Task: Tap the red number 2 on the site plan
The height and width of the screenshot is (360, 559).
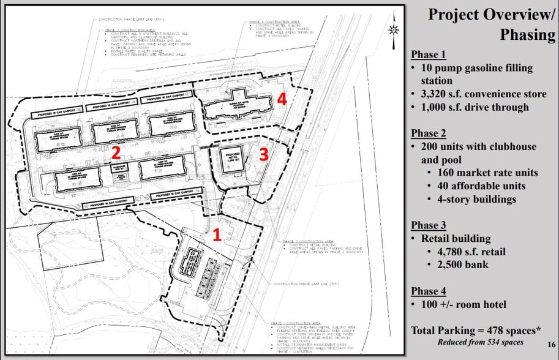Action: (x=115, y=151)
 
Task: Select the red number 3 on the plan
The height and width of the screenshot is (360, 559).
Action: (x=263, y=155)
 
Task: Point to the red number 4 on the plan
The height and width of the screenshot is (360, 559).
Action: (x=282, y=99)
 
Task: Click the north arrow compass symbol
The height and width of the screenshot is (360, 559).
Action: (x=393, y=30)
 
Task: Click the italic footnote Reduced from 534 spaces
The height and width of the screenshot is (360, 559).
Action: (x=481, y=342)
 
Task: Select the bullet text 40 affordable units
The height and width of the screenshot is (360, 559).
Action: (x=481, y=186)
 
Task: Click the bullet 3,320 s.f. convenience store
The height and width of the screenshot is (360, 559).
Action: (x=484, y=94)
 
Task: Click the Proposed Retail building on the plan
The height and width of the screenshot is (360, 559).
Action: (x=231, y=160)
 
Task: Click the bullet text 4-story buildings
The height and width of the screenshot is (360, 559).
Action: (x=476, y=199)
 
